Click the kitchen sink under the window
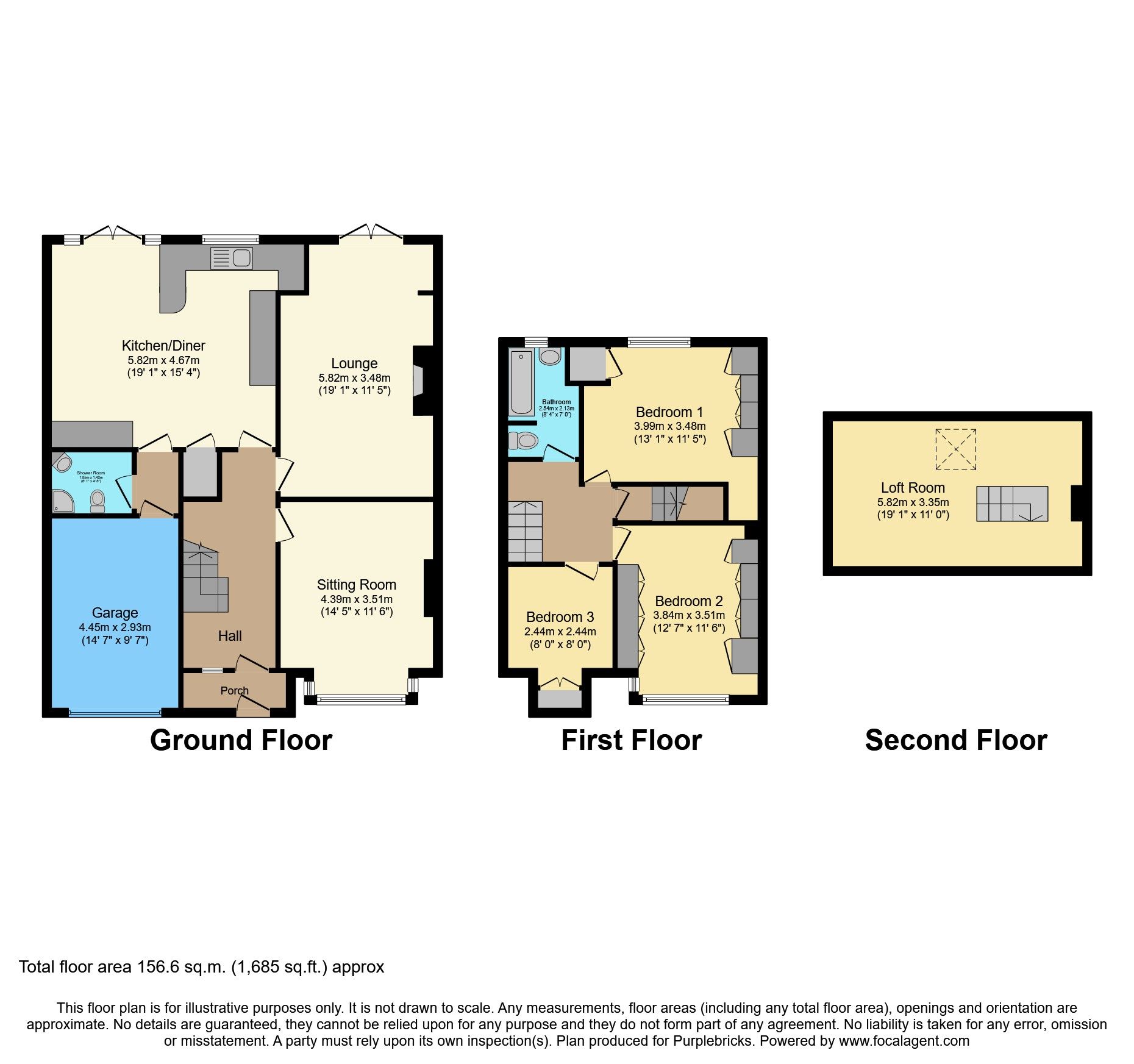pos(231,258)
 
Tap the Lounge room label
pos(354,364)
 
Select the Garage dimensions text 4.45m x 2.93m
pos(115,627)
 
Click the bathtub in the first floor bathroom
pos(521,382)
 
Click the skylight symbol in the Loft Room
pos(955,449)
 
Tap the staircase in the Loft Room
pos(1011,504)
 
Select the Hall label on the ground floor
pos(230,636)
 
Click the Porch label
pos(234,691)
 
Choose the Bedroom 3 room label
pos(560,617)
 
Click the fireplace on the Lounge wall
pos(419,381)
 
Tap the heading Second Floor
pos(955,741)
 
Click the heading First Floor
pos(631,741)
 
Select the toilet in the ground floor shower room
pos(98,501)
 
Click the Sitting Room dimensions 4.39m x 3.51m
pos(356,599)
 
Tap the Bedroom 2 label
pos(688,601)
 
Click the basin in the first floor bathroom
pos(550,357)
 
